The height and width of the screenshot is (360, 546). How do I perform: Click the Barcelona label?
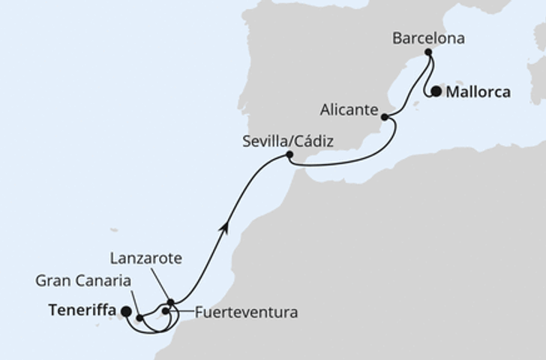point(429,37)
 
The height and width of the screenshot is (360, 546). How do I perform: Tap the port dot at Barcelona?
point(427,52)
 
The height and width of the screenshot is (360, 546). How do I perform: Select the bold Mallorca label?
point(478,93)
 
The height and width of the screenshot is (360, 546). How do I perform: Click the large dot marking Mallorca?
point(436,92)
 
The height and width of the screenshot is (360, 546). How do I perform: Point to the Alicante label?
point(348,109)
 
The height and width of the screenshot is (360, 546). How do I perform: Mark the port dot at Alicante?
point(385,117)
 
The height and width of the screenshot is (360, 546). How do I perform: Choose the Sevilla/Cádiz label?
point(288,140)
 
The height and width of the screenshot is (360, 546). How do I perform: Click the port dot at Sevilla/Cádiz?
point(289,155)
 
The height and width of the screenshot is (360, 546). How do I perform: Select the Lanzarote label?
point(146,259)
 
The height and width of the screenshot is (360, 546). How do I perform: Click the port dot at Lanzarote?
point(171,303)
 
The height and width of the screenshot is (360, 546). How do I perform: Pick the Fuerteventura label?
point(246,312)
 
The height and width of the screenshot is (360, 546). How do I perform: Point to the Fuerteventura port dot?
point(165,310)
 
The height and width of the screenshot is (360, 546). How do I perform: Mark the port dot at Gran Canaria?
point(140,318)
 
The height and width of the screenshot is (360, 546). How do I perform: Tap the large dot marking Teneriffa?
point(125,311)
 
